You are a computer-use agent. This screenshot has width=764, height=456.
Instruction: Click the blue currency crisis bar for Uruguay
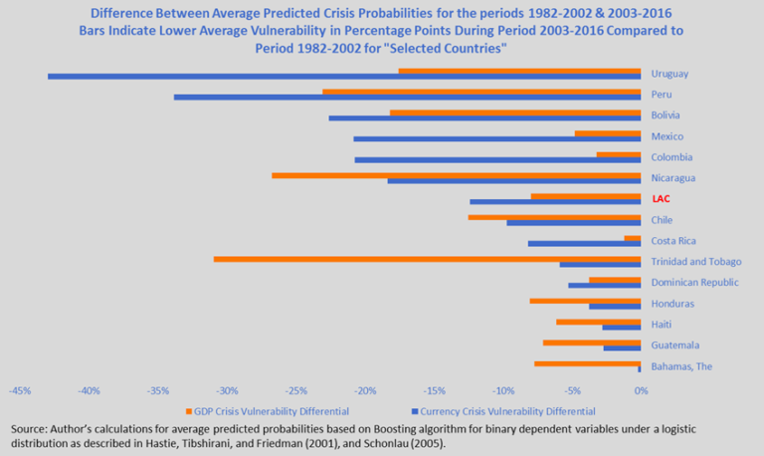pyautogui.click(x=343, y=76)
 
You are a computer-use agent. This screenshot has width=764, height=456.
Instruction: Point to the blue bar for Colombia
pyautogui.click(x=497, y=159)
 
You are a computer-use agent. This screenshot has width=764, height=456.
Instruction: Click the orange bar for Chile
pyautogui.click(x=554, y=216)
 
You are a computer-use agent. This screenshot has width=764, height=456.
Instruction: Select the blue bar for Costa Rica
pyautogui.click(x=584, y=243)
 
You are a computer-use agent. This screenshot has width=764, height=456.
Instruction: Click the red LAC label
pyautogui.click(x=661, y=199)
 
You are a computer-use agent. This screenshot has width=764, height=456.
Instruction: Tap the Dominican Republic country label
pyautogui.click(x=694, y=283)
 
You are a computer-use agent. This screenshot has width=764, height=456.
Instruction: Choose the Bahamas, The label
pyautogui.click(x=683, y=366)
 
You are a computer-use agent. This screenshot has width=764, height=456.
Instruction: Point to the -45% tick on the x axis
pyautogui.click(x=20, y=389)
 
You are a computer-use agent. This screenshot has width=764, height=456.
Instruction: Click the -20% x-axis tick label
pyautogui.click(x=364, y=389)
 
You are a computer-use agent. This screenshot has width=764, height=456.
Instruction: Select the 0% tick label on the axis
pyautogui.click(x=641, y=389)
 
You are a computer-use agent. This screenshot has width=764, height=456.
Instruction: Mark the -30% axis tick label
pyautogui.click(x=227, y=389)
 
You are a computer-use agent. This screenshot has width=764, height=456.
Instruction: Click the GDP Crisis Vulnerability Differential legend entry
pyautogui.click(x=268, y=410)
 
